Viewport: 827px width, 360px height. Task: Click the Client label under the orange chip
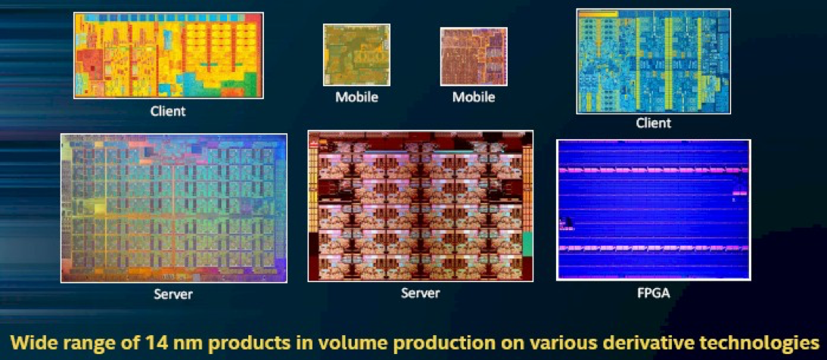[168, 112]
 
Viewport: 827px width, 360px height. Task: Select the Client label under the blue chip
[654, 123]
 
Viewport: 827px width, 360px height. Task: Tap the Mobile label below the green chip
[357, 98]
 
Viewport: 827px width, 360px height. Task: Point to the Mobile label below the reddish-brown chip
[474, 98]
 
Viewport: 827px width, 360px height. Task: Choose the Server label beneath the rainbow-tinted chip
[173, 293]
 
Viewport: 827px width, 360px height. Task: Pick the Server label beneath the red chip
[421, 292]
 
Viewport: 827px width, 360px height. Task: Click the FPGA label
[654, 293]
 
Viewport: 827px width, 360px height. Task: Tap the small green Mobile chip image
[356, 54]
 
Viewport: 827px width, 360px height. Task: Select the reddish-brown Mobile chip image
[474, 57]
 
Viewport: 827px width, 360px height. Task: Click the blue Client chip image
[654, 61]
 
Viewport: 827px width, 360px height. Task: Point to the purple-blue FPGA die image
[654, 209]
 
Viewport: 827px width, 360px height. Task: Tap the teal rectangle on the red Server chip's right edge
[527, 245]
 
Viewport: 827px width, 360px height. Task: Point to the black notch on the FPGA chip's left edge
[565, 223]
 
